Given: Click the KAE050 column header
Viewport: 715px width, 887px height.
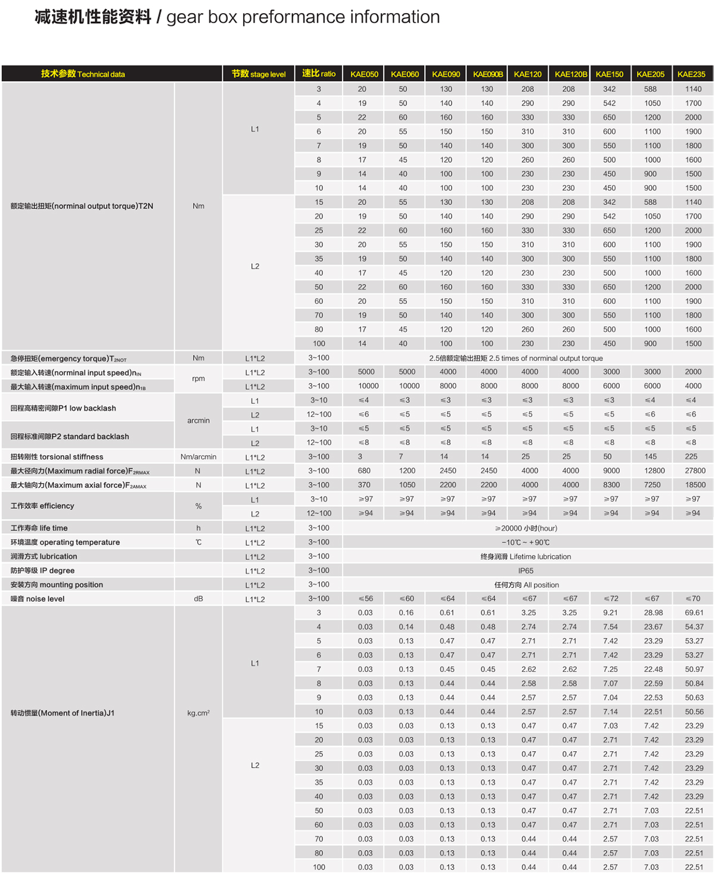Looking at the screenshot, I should point(364,74).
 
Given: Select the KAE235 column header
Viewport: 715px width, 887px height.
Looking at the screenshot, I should point(691,74).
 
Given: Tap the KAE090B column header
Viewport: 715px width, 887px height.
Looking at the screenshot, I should point(488,74).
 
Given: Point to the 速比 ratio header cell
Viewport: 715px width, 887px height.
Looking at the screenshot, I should point(319,74).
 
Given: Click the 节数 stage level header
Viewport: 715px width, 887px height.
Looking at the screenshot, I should point(259,74).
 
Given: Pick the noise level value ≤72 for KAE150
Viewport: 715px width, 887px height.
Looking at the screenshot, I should point(611,599).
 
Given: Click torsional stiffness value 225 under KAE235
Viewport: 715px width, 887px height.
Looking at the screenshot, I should point(691,456).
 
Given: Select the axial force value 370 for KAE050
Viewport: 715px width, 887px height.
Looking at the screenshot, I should point(364,485).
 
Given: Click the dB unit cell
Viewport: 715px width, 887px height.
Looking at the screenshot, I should point(198,599).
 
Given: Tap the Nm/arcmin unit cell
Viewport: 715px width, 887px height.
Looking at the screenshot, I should point(198,457).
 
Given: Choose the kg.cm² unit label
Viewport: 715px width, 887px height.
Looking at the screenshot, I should point(198,713).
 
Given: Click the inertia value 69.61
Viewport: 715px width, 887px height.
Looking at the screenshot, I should point(694,612).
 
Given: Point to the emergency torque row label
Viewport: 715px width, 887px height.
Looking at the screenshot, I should point(69,359).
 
